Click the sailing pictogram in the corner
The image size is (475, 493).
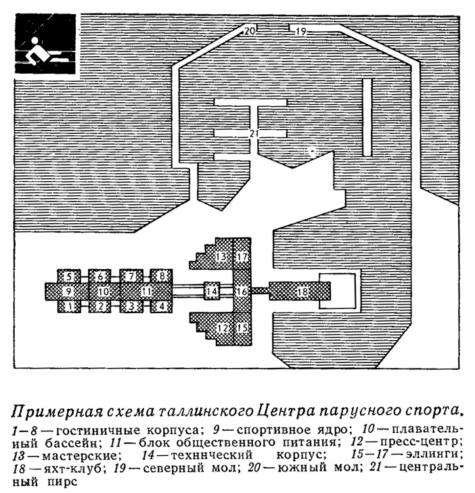45,44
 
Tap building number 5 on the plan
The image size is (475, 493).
69,277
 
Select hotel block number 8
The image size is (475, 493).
161,277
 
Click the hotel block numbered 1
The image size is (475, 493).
69,306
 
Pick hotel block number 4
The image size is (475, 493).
161,306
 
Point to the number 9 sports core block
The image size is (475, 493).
67,291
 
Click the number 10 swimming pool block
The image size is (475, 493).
104,291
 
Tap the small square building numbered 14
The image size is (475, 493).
212,291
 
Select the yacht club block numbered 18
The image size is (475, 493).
300,291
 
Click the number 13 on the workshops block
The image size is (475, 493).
221,256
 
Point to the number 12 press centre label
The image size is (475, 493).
223,328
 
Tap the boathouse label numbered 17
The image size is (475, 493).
242,256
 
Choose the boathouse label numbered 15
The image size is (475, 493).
242,327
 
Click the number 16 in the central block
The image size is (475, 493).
242,291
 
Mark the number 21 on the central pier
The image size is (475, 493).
253,135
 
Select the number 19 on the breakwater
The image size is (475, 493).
301,31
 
